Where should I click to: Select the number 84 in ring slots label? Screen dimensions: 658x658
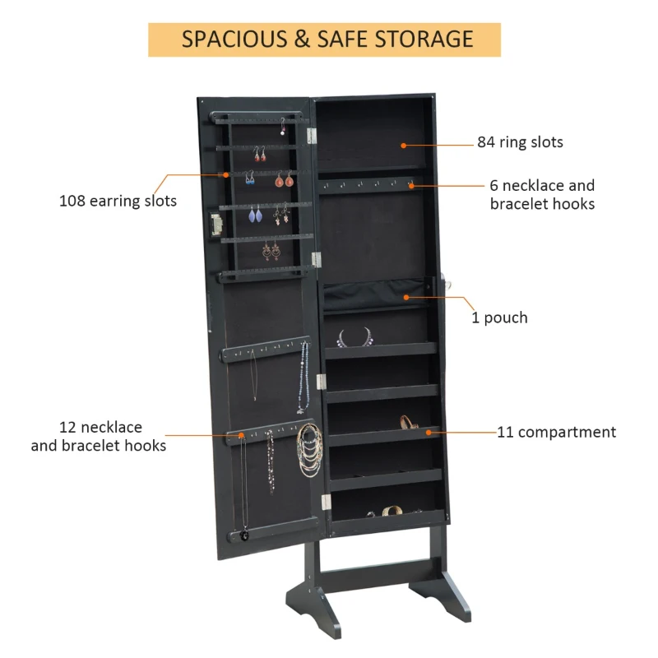[x=487, y=142]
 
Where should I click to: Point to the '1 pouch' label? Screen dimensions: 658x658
[x=499, y=317]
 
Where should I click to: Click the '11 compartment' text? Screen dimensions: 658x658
[x=556, y=432]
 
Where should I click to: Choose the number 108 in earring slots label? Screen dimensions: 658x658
[x=75, y=201]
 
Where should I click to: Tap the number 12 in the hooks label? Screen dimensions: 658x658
[x=67, y=428]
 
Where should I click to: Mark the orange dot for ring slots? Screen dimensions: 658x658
[x=404, y=145]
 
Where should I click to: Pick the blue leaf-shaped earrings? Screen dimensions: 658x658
[x=253, y=215]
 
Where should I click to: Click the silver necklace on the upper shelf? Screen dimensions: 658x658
[x=355, y=338]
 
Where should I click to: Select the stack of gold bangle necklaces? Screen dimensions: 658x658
[x=309, y=451]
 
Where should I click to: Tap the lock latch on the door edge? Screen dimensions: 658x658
[x=217, y=225]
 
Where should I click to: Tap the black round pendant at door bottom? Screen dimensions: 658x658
[x=243, y=535]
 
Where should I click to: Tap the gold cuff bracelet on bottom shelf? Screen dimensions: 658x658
[x=392, y=511]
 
